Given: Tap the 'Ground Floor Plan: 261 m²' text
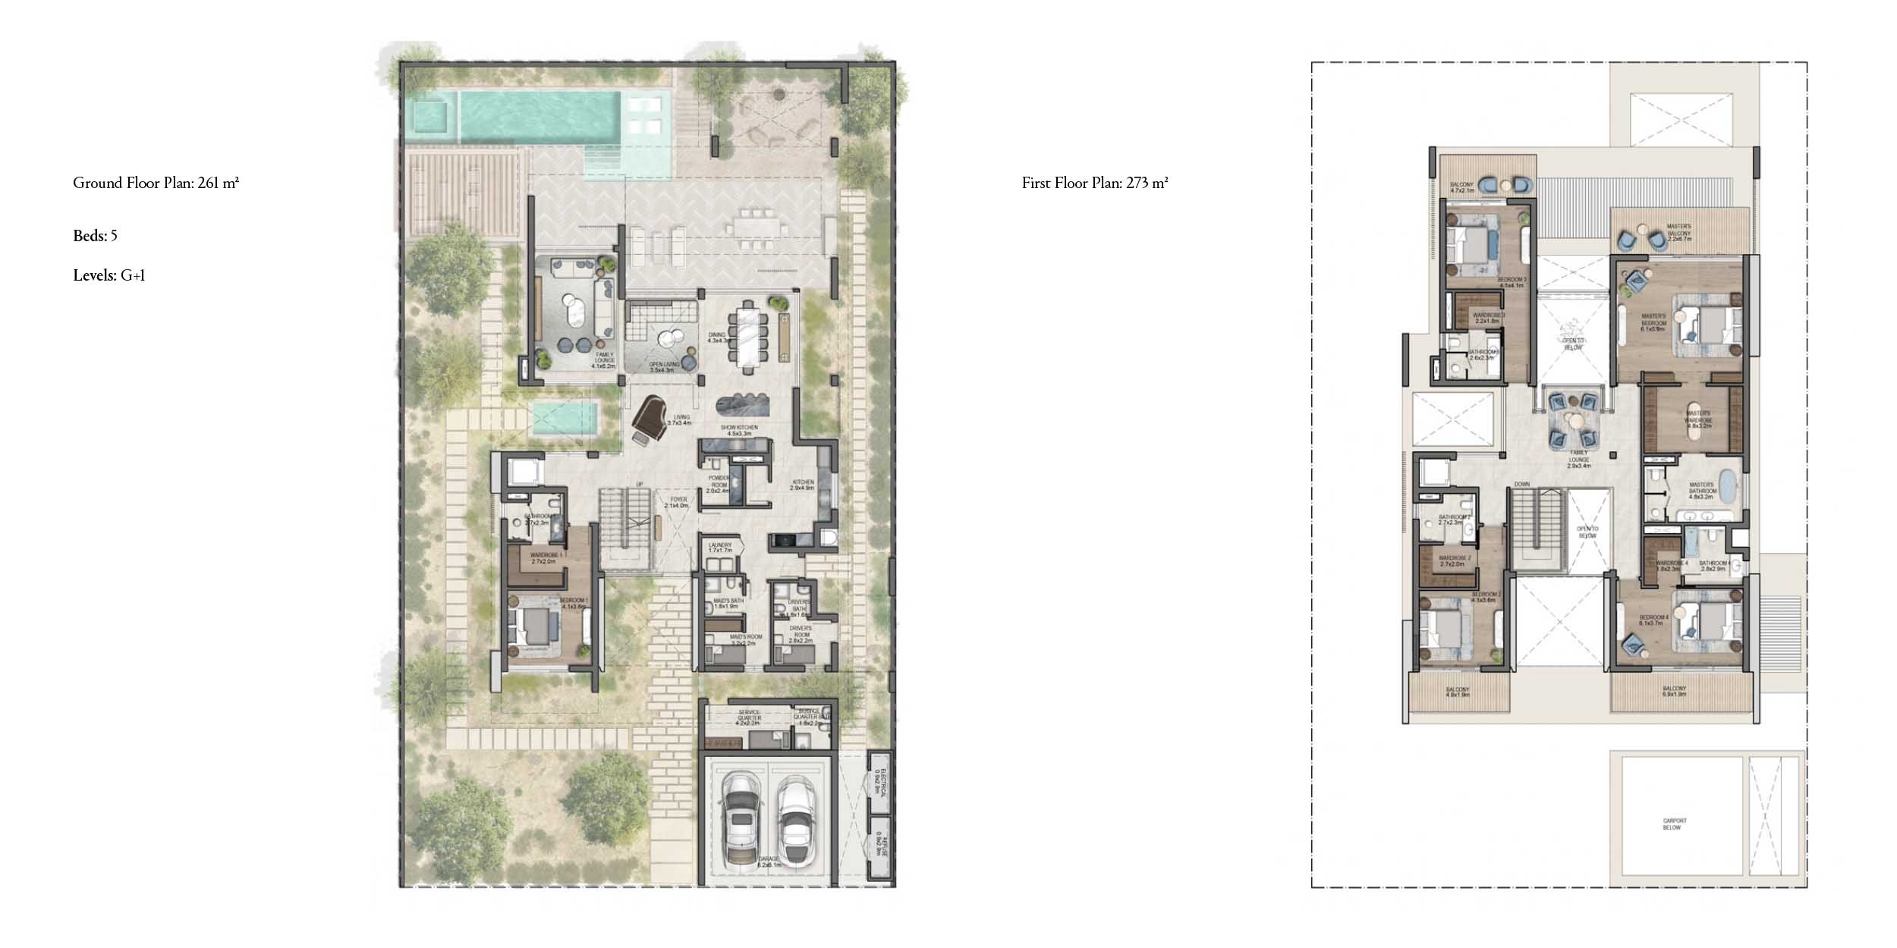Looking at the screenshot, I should click(x=156, y=183).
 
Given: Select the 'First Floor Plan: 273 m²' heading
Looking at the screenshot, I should click(x=1094, y=183).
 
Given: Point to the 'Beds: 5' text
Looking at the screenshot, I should click(x=95, y=236).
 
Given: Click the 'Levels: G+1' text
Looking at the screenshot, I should click(x=109, y=275).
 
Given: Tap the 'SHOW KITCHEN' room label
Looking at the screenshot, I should click(x=739, y=428).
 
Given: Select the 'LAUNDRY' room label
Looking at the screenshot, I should click(x=720, y=545).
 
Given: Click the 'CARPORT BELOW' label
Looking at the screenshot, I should click(x=1675, y=824).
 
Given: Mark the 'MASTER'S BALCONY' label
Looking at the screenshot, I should click(x=1678, y=227).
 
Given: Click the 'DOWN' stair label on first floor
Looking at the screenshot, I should click(x=1522, y=484).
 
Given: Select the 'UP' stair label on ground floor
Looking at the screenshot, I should click(x=639, y=484).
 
